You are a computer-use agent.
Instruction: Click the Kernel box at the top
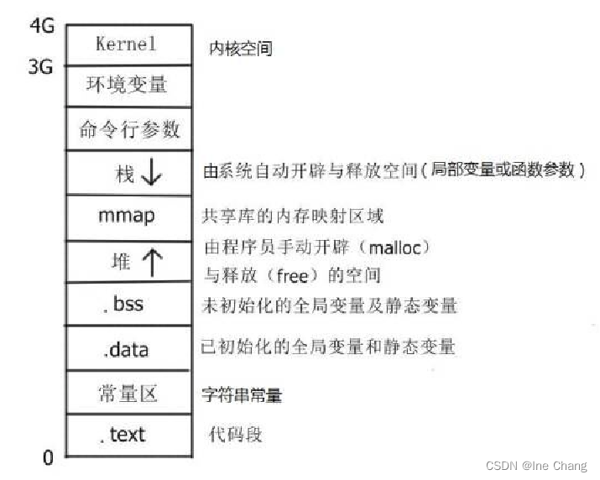tap(127, 44)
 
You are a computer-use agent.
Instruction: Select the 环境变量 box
tap(127, 85)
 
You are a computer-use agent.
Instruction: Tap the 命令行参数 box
tap(128, 129)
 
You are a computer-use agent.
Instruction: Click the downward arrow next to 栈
tap(152, 174)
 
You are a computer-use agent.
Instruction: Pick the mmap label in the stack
tap(127, 216)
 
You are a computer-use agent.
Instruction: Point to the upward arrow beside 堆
tap(152, 262)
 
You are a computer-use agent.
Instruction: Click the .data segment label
tap(127, 347)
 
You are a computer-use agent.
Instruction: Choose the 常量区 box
tap(128, 392)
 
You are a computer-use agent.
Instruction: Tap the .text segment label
tap(125, 434)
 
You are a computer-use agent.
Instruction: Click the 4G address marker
tap(41, 25)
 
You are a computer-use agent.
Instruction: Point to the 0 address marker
tap(48, 457)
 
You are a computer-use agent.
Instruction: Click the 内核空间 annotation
tap(240, 50)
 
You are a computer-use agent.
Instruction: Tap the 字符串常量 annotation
tap(242, 394)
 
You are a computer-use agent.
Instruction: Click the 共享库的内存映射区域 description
tap(293, 217)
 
